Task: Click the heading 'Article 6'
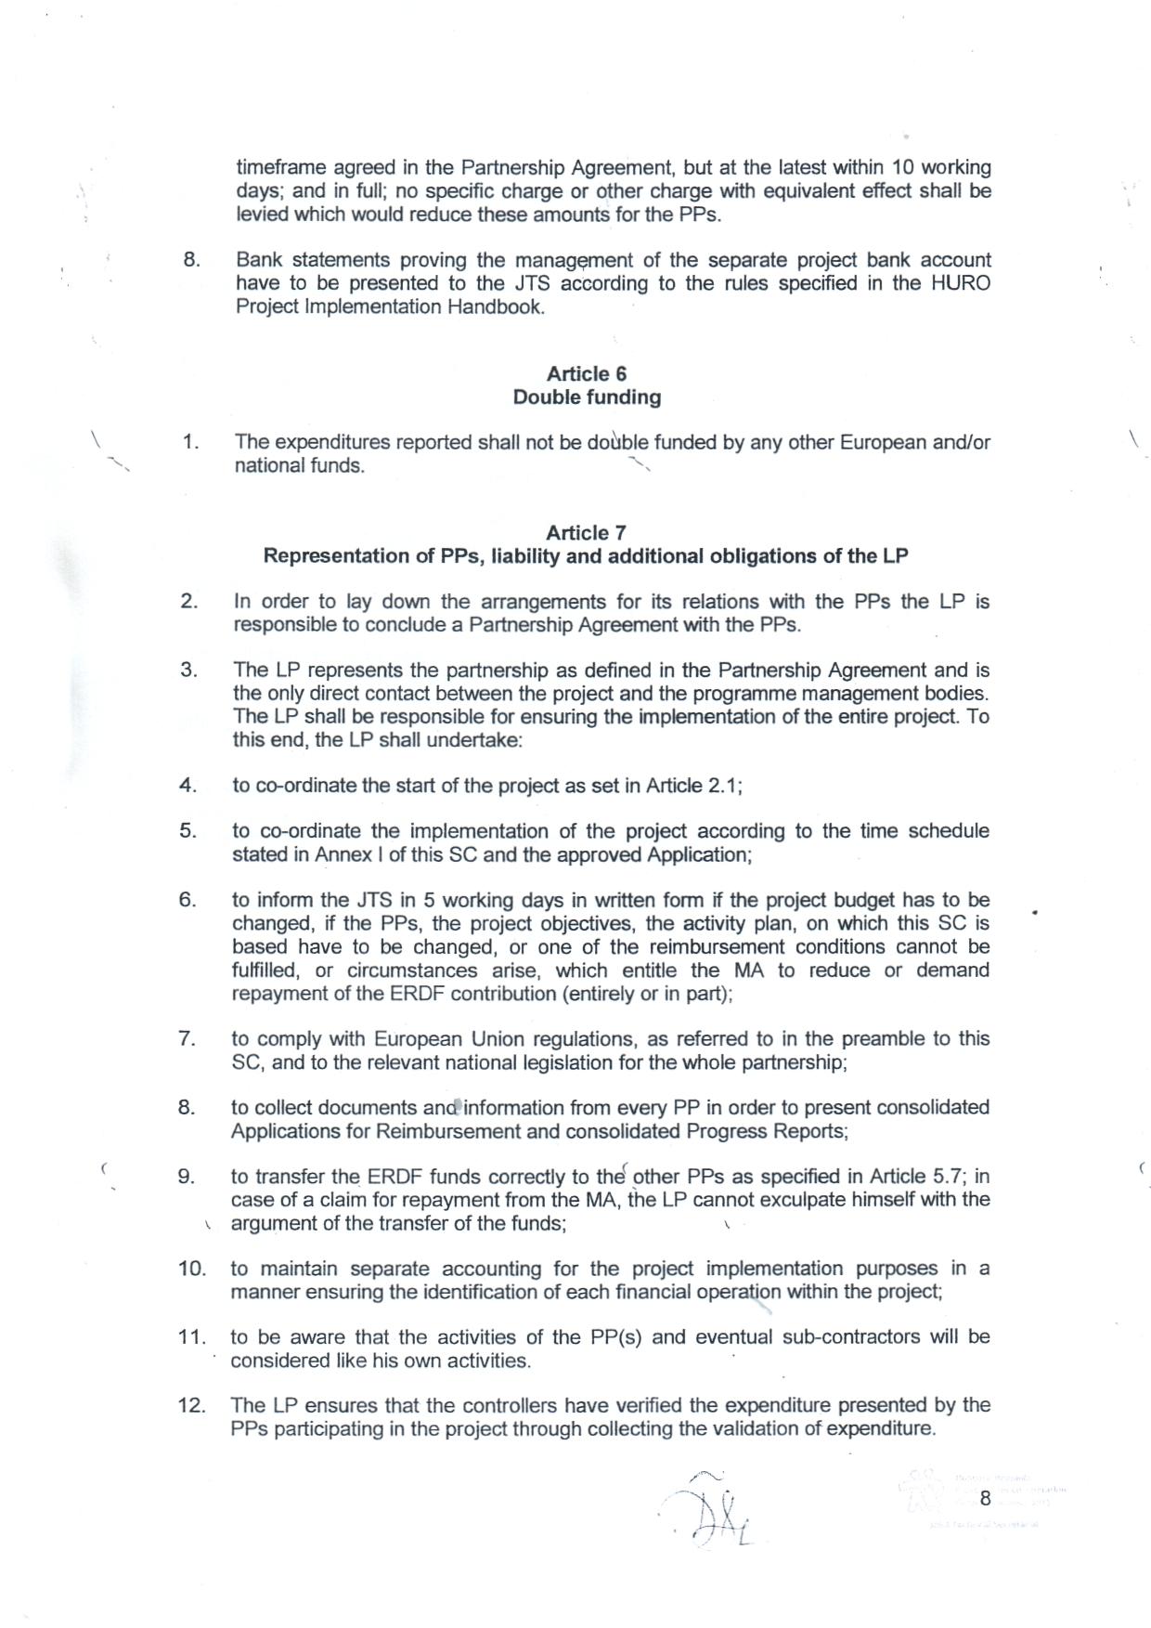click(x=586, y=373)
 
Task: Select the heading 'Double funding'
click(x=587, y=397)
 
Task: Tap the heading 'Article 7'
click(x=586, y=532)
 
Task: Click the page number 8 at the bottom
click(x=985, y=1498)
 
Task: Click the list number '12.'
click(x=191, y=1405)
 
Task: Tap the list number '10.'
click(x=191, y=1269)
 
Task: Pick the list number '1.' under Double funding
click(x=190, y=442)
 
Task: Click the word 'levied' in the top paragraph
click(x=261, y=215)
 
